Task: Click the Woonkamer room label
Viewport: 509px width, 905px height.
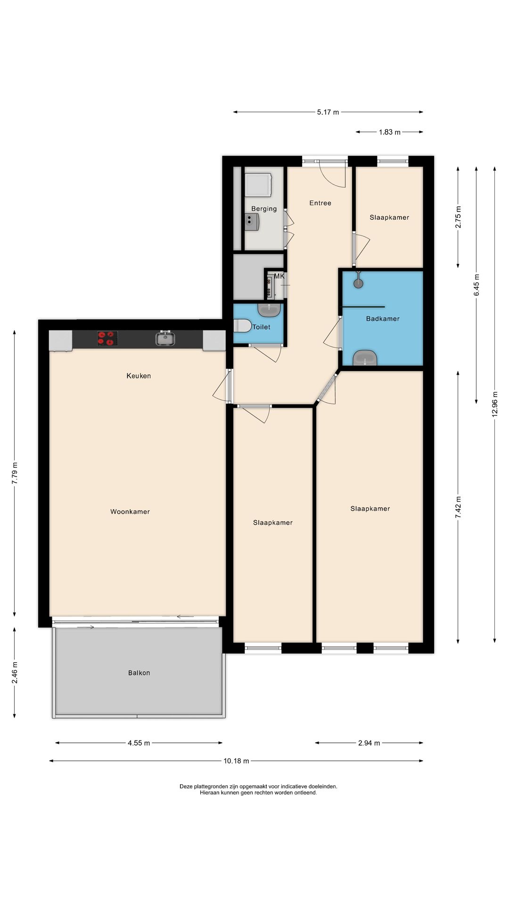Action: [130, 511]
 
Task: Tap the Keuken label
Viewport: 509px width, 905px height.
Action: [139, 376]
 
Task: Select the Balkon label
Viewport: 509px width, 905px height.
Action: [139, 673]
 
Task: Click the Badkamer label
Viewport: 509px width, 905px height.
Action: [383, 319]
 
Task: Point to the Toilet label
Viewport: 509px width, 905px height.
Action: [261, 327]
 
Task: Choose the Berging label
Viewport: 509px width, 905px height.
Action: [264, 209]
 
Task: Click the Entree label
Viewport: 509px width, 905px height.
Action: [320, 203]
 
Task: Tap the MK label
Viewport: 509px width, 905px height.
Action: [279, 276]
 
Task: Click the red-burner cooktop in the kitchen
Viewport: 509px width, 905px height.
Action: [107, 338]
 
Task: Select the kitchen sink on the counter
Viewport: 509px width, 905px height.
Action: [165, 338]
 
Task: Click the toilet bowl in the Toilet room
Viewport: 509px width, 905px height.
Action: [242, 326]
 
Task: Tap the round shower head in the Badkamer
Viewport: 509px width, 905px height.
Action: [359, 283]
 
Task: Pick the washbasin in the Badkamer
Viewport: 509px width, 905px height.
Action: [365, 358]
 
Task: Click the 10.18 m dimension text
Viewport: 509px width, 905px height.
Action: [236, 761]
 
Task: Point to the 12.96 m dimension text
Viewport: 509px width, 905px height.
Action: [494, 404]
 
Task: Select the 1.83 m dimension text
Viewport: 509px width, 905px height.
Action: [390, 132]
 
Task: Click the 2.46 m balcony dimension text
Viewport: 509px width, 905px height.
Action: [15, 673]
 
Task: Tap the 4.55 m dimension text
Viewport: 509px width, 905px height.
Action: [139, 743]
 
